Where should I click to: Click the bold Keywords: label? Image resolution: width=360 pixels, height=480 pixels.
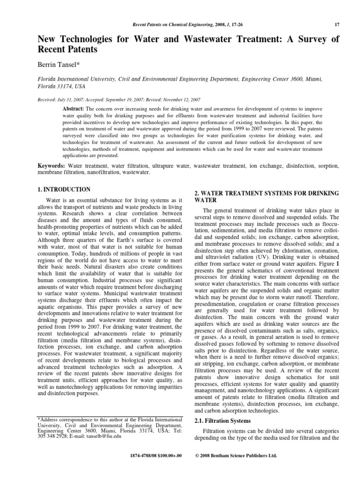point(52,166)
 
